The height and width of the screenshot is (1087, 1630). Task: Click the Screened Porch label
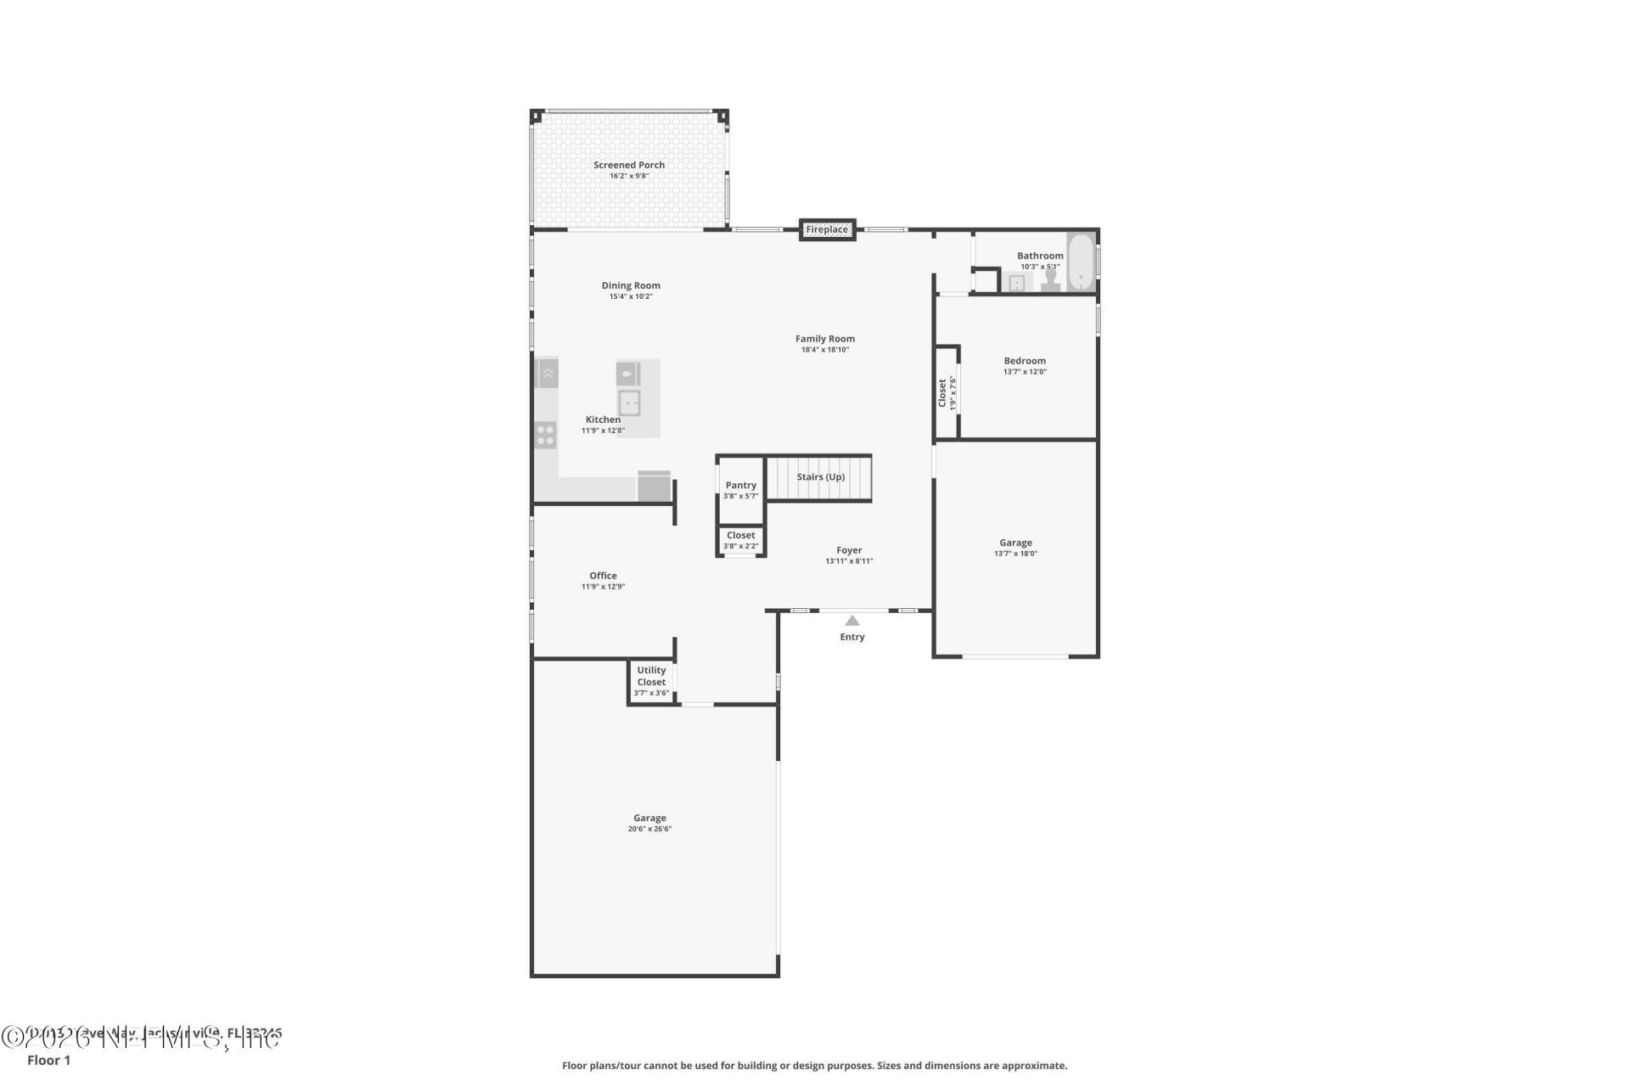pos(628,166)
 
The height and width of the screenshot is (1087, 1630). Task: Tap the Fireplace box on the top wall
pos(826,230)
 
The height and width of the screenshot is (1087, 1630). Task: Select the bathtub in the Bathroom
pos(1080,263)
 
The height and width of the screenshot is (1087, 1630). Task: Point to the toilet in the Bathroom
pos(1051,280)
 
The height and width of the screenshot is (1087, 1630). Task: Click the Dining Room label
pos(631,286)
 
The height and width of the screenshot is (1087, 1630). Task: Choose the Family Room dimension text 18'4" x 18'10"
pos(824,350)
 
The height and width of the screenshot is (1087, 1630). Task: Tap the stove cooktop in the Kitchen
pos(546,436)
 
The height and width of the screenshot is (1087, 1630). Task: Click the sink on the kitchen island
pos(629,403)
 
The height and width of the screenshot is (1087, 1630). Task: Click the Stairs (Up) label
pos(820,477)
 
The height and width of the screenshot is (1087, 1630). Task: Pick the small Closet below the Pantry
pos(740,541)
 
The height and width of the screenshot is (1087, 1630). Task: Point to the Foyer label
pos(848,551)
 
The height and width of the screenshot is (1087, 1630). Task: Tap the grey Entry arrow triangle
pos(852,621)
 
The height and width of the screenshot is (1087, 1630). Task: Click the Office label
pos(603,576)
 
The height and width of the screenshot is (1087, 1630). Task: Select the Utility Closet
pos(651,681)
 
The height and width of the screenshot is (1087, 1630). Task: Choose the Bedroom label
pos(1025,361)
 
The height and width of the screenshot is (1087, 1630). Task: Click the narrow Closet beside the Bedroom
pos(947,392)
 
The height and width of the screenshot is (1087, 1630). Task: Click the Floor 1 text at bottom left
pos(49,1061)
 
